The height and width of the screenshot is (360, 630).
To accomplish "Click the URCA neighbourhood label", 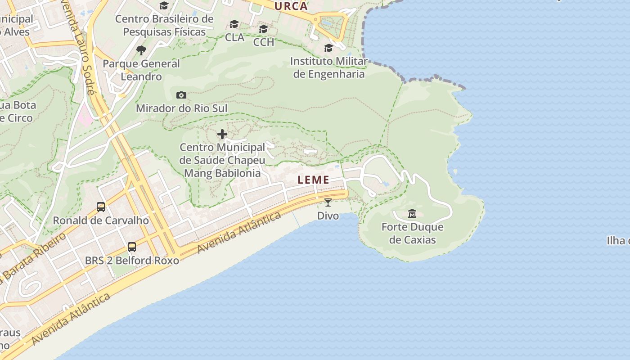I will pyautogui.click(x=291, y=6).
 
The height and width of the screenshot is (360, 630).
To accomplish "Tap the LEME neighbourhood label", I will pyautogui.click(x=314, y=180).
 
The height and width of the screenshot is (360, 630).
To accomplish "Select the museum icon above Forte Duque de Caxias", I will pyautogui.click(x=412, y=213).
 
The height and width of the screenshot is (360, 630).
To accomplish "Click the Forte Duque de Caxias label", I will pyautogui.click(x=412, y=233).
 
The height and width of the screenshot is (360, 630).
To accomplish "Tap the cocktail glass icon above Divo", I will pyautogui.click(x=328, y=202).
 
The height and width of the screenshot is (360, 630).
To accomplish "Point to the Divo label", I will pyautogui.click(x=328, y=216).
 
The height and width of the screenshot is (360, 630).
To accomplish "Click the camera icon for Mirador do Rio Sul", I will pyautogui.click(x=181, y=95).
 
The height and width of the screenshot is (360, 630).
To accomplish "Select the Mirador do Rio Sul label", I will pyautogui.click(x=181, y=108).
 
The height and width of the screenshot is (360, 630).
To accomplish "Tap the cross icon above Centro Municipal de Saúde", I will pyautogui.click(x=222, y=134).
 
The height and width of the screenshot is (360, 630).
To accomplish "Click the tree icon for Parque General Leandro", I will pyautogui.click(x=141, y=50).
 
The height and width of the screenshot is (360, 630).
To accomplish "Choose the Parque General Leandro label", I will pyautogui.click(x=141, y=70).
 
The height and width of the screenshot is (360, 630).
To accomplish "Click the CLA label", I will pyautogui.click(x=234, y=37).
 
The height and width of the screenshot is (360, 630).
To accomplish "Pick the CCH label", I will pyautogui.click(x=264, y=42).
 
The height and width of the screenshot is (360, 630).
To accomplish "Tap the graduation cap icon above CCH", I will pyautogui.click(x=264, y=29).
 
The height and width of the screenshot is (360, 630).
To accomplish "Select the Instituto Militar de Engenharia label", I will pyautogui.click(x=329, y=67).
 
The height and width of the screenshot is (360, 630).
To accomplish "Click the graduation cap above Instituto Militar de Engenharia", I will pyautogui.click(x=329, y=48).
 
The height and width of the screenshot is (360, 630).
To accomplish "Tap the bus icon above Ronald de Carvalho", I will pyautogui.click(x=101, y=207).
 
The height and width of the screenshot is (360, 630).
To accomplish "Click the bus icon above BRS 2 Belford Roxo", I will pyautogui.click(x=132, y=247).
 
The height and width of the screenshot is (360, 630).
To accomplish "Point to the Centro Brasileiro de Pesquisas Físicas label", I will pyautogui.click(x=164, y=25).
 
